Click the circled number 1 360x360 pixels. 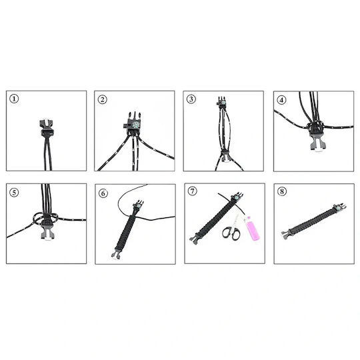[x=14, y=99]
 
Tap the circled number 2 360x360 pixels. [x=103, y=99]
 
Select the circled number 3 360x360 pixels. [x=191, y=99]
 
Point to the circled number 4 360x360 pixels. [x=282, y=100]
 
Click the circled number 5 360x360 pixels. [x=14, y=192]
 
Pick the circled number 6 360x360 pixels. [x=103, y=193]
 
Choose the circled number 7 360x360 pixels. [x=193, y=191]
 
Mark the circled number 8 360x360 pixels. [x=282, y=191]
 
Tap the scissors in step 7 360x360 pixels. [x=232, y=230]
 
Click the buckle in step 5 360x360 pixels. [x=47, y=229]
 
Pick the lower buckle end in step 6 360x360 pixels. [x=117, y=254]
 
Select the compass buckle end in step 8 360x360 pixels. [x=339, y=208]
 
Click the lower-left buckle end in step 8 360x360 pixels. [x=287, y=234]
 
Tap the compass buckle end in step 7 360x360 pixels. [x=237, y=197]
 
